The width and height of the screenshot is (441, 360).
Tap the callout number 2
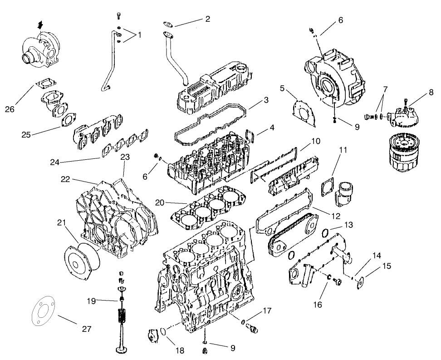point(207,19)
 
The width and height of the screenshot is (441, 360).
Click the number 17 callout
point(266,311)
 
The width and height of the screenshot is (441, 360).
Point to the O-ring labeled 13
point(325,233)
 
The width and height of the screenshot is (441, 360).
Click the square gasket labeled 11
point(325,188)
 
